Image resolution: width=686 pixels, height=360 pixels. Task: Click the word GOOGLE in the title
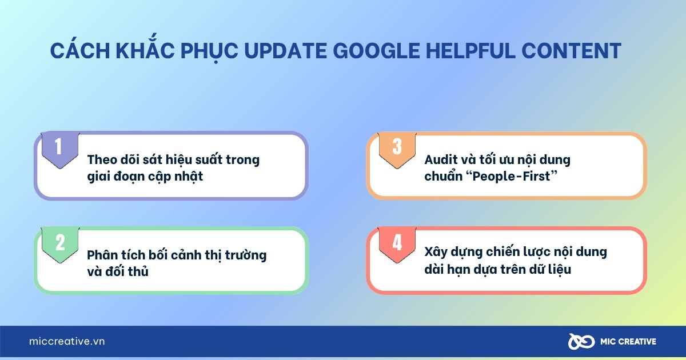pos(376,51)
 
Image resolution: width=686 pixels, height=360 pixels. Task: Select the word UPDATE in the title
pos(285,51)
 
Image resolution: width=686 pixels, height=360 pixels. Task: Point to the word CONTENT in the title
pos(571,51)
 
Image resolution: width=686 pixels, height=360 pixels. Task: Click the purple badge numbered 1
pos(60,149)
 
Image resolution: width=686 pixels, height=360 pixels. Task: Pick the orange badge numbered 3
pos(397,149)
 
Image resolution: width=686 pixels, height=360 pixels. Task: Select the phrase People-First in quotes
pos(511,177)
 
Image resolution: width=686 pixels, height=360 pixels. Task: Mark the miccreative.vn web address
pos(67,341)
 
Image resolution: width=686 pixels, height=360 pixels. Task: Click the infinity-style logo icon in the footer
pos(581,341)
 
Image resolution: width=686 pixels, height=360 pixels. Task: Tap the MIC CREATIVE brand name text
pos(628,342)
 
